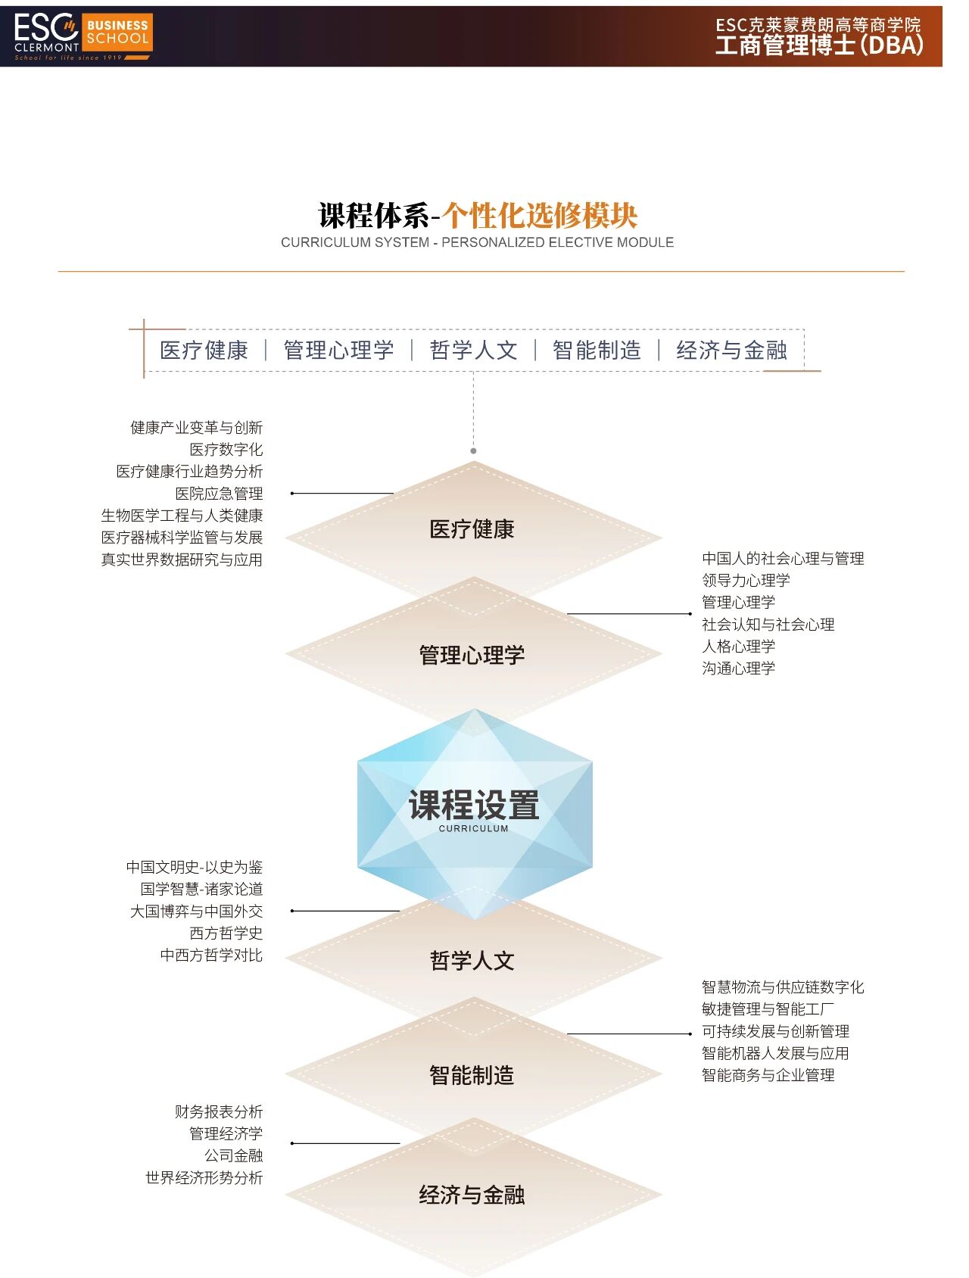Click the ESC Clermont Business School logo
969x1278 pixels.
(83, 36)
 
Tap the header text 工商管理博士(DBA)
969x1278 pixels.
(819, 45)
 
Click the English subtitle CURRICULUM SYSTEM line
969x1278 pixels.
(477, 242)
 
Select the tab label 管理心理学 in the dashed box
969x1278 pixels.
(338, 350)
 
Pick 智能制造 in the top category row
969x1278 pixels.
(597, 350)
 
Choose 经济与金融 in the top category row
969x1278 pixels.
(731, 350)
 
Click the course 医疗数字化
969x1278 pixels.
(226, 450)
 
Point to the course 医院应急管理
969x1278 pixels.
(219, 494)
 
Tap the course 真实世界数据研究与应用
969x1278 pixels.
(182, 560)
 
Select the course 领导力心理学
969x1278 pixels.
(746, 581)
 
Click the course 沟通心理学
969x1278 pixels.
(738, 669)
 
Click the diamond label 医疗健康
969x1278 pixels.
(472, 529)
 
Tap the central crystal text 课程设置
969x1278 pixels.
(474, 805)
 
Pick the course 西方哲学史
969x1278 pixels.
(226, 934)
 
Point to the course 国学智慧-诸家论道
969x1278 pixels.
(201, 890)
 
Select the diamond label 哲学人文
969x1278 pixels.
(472, 961)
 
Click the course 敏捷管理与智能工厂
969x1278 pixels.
(768, 1009)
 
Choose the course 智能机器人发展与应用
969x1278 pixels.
(775, 1053)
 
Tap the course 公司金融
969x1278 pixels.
(233, 1156)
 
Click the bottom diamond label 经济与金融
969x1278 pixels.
(472, 1195)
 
